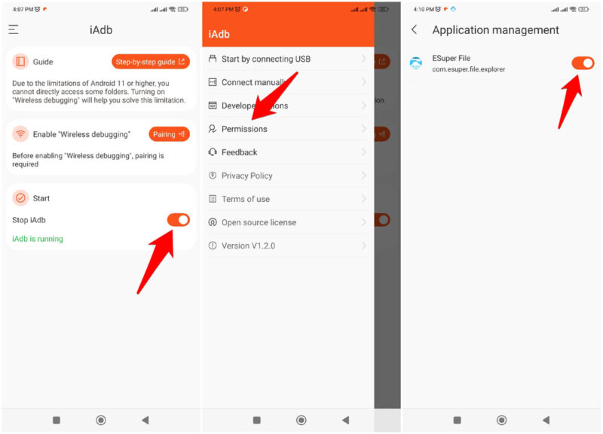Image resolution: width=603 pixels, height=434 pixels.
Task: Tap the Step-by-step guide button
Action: (151, 62)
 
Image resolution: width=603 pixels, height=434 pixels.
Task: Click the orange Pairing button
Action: (169, 134)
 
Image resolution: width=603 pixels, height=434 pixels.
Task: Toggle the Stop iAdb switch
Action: (178, 220)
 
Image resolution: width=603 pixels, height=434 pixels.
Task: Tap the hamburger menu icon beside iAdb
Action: (14, 30)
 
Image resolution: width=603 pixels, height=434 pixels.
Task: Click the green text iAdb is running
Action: (38, 239)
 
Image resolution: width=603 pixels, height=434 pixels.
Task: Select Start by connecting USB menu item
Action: (265, 59)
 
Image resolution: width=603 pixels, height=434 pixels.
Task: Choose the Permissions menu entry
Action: (244, 129)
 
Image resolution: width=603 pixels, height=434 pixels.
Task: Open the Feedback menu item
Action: (239, 152)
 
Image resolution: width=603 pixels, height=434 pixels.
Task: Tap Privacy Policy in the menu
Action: (246, 176)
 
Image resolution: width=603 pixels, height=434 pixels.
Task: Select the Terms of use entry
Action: (245, 199)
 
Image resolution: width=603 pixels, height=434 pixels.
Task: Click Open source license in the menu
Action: (259, 222)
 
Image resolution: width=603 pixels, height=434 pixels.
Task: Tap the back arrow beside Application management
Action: (414, 30)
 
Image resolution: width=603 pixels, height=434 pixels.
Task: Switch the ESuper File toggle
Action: (583, 63)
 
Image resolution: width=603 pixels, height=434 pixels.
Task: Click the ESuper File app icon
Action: (416, 63)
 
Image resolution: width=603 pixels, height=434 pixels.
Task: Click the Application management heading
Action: (495, 30)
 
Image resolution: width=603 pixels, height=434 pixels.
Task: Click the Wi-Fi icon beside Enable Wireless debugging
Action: (20, 134)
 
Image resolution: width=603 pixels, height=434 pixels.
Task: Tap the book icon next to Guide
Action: (20, 62)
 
